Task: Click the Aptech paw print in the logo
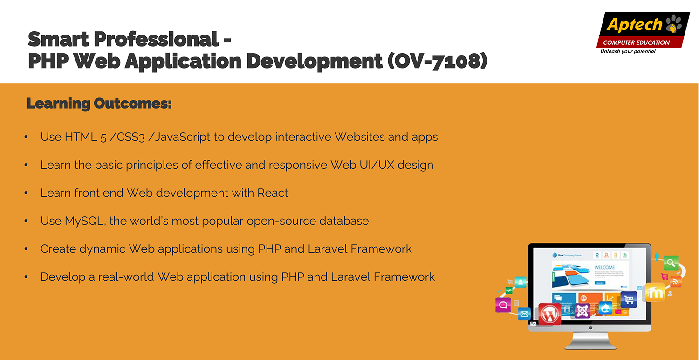(x=673, y=24)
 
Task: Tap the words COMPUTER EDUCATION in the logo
(x=636, y=42)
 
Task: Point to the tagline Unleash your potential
(x=628, y=51)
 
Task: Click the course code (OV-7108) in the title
(x=437, y=61)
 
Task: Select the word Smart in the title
(x=58, y=39)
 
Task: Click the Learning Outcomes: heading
(x=99, y=104)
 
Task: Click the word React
(x=273, y=193)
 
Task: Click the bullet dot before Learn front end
(x=26, y=193)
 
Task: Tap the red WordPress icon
(x=550, y=314)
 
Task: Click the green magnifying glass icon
(x=671, y=263)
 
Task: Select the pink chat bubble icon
(x=503, y=305)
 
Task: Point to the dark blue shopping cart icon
(x=629, y=299)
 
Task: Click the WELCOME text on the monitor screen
(x=604, y=267)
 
